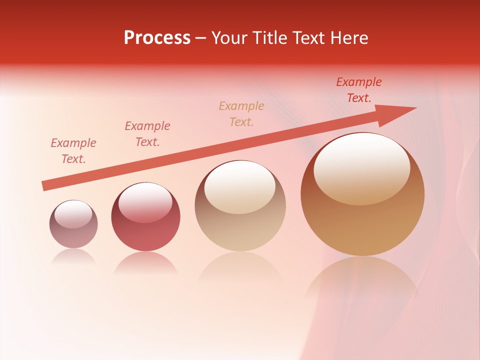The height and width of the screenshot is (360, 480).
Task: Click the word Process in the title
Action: (x=157, y=38)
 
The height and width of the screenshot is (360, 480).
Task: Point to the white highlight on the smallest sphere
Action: (x=73, y=214)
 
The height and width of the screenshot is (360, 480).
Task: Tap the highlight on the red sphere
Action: (x=145, y=202)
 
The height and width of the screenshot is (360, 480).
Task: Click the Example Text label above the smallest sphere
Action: (x=73, y=151)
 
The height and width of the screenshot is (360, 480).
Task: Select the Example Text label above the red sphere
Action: (x=147, y=134)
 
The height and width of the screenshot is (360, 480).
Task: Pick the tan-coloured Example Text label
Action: (x=241, y=113)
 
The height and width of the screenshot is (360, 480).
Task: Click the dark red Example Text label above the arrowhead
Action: (x=359, y=90)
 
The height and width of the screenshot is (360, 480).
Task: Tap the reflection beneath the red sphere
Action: (x=145, y=263)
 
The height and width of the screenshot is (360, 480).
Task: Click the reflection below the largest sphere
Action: (x=362, y=280)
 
